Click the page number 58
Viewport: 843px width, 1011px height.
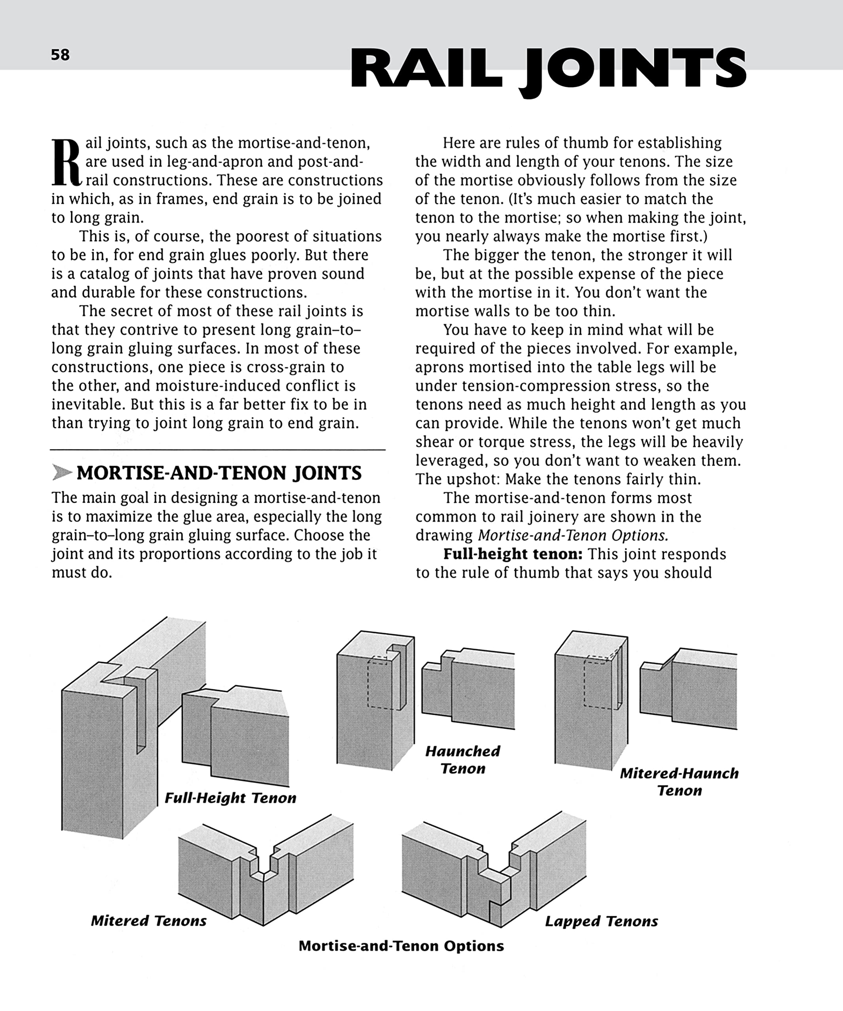(60, 55)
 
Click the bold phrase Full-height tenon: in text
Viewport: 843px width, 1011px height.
(513, 554)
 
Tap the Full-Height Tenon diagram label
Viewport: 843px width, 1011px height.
(230, 798)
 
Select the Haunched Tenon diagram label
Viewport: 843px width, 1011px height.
(462, 760)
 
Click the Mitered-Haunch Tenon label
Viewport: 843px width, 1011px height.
(679, 782)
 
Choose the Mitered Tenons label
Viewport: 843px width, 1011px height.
(149, 921)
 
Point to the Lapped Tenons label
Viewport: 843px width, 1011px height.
(601, 921)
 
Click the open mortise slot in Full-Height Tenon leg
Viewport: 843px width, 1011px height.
(141, 708)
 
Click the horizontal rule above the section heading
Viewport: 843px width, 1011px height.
(218, 450)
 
